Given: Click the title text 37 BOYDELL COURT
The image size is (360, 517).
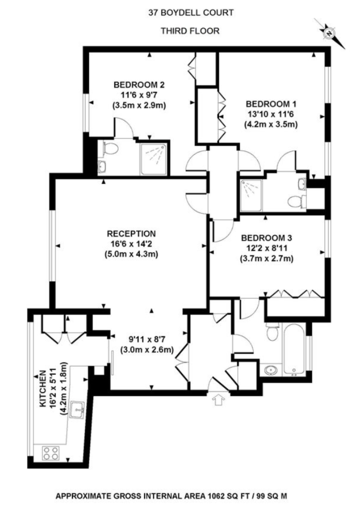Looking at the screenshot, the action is (191, 12).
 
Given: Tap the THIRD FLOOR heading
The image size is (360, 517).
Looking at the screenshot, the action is (190, 31).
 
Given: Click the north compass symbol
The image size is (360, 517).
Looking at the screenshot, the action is (330, 33).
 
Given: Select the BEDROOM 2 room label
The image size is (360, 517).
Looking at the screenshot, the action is (139, 85).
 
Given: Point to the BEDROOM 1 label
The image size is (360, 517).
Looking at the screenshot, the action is (271, 104).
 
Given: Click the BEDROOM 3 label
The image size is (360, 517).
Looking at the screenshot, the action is (266, 238).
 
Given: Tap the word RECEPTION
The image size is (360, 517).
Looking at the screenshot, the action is (131, 234).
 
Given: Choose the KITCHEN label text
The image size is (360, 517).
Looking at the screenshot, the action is (43, 389).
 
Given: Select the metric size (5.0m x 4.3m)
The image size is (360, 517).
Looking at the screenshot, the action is (131, 254).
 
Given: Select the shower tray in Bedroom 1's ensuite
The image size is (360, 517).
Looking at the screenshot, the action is (251, 195).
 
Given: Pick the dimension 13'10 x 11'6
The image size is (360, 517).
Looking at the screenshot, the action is (271, 114).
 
